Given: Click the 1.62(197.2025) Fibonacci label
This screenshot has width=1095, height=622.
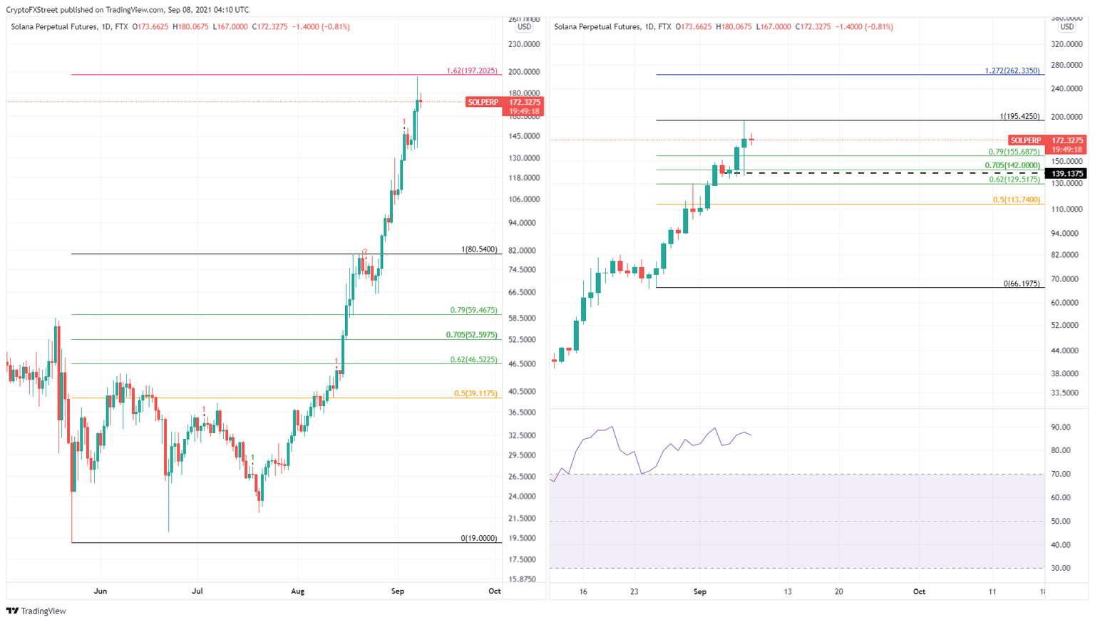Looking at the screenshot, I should [472, 71].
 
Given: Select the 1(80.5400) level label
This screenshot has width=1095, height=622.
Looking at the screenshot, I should [479, 250].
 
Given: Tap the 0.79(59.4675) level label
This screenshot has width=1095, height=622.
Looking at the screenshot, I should [473, 311].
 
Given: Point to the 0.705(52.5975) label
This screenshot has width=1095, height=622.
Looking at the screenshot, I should [471, 335].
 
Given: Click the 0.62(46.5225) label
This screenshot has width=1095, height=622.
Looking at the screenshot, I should [473, 360].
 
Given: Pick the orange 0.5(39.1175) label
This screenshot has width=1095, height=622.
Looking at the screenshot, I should [475, 393].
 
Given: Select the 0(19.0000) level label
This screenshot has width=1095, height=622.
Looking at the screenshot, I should [478, 539].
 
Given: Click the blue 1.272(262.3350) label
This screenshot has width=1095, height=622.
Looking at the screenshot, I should [1012, 71].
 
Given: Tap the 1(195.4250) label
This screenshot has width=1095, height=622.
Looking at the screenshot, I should [1019, 117].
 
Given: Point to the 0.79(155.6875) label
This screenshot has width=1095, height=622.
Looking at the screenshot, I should [1014, 152].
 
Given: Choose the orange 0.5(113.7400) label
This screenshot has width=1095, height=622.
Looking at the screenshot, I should [1016, 200].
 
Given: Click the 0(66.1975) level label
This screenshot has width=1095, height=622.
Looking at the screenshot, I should [1021, 284].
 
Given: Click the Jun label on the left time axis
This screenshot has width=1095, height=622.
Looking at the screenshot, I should [101, 591].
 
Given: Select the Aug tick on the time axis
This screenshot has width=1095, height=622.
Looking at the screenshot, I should [298, 591].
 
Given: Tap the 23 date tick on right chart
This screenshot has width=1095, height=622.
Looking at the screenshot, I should [634, 591].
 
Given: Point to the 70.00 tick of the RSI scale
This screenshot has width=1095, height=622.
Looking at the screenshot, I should [1061, 474].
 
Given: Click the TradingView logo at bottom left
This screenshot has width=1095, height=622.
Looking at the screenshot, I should [36, 611].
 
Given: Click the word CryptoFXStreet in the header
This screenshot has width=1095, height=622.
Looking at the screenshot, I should [32, 10].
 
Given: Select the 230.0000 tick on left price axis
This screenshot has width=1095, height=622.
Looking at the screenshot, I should [524, 44].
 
